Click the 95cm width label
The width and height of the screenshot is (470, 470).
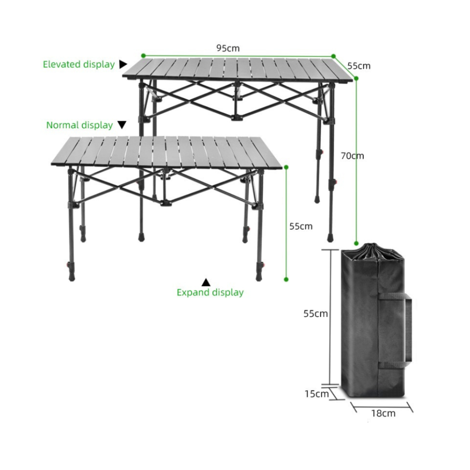(x=228, y=48)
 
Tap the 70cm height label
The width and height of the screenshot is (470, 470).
(x=352, y=156)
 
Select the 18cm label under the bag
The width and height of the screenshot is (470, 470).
(x=383, y=413)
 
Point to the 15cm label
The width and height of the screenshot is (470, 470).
(x=316, y=394)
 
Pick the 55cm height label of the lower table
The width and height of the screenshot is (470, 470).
(x=301, y=226)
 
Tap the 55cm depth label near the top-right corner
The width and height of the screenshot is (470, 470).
(x=359, y=66)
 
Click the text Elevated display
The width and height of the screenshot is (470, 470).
(x=78, y=64)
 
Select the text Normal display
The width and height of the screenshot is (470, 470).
(x=79, y=125)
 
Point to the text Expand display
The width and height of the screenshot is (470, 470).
(x=210, y=292)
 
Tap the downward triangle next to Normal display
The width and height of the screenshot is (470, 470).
(x=122, y=125)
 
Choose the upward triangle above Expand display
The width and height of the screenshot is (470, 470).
(x=206, y=282)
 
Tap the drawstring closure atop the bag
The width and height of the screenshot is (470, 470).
(x=372, y=252)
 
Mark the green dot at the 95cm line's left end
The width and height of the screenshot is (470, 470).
(x=143, y=55)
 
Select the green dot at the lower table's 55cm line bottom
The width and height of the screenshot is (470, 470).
(x=286, y=279)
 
